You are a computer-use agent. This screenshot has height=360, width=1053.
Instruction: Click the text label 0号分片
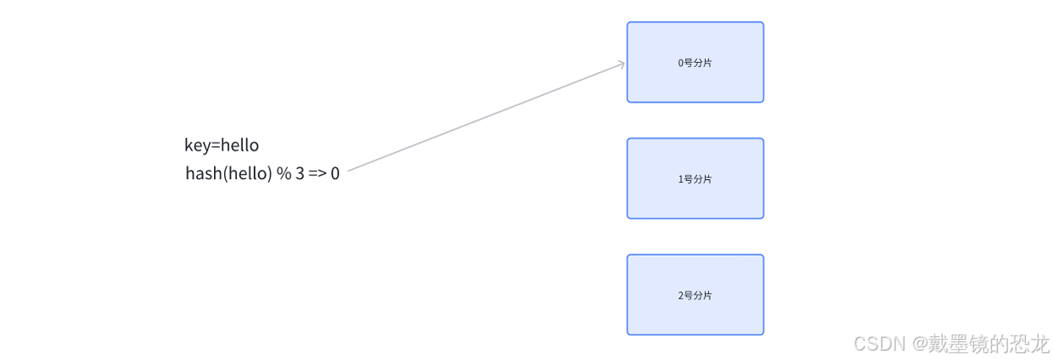[695, 63]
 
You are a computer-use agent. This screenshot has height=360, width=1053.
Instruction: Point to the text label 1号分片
[695, 179]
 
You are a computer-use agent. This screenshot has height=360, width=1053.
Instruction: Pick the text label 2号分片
[695, 295]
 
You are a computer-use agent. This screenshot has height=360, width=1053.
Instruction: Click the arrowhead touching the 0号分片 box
[622, 63]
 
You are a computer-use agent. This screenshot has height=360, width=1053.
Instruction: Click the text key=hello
[222, 145]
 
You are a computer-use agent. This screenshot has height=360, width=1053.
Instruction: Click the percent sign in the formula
[284, 174]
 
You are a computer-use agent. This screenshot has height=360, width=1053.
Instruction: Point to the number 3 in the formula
[300, 174]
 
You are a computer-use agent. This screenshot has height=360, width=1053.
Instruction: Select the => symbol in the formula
[318, 174]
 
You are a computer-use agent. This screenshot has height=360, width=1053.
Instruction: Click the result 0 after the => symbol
[335, 174]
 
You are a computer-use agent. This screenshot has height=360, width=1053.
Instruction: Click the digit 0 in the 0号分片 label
[680, 63]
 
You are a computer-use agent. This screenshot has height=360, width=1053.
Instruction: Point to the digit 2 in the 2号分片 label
[680, 295]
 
